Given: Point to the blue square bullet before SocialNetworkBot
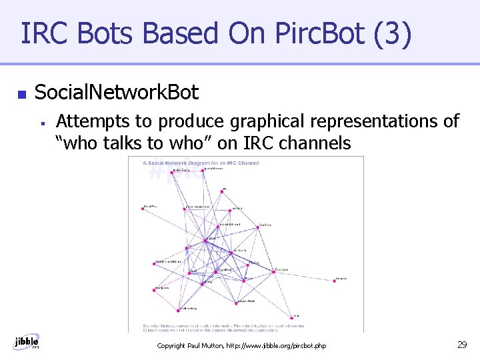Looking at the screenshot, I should point(21,95).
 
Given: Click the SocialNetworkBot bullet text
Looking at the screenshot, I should point(116,92).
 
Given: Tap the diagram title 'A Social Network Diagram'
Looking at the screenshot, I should point(200,163).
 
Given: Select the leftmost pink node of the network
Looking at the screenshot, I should point(142,209).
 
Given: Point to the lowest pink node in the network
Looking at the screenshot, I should point(293,317).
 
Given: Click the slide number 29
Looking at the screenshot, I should point(461,344).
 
